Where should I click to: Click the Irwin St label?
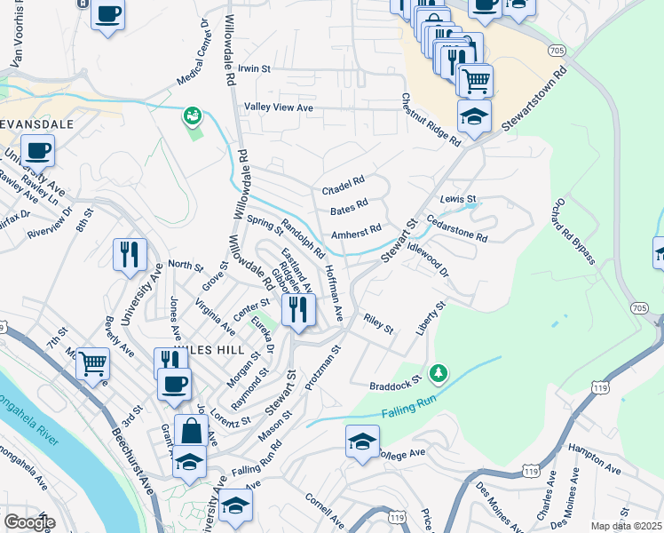coord(254,68)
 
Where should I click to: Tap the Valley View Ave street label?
coord(280,107)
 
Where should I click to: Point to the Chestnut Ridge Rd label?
coord(431,120)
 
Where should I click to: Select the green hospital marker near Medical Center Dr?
coord(191,115)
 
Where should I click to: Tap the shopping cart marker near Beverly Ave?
coord(92,363)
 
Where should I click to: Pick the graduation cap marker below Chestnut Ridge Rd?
coord(475,117)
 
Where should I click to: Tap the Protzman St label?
coord(321,368)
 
